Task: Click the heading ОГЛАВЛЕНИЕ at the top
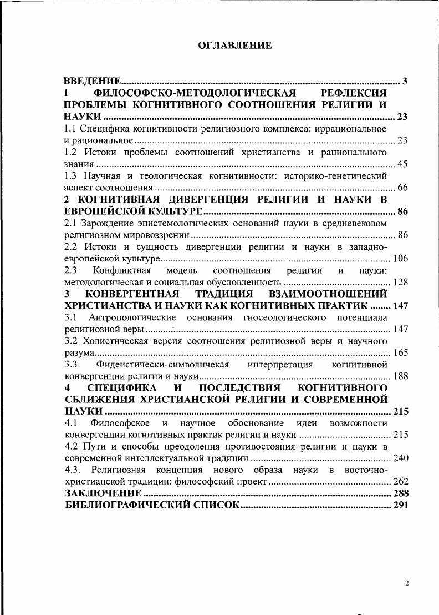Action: [235, 46]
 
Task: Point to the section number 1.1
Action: [71, 129]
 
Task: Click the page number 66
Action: [402, 188]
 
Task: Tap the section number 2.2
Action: [71, 246]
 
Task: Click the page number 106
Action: [400, 258]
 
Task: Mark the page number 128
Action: [400, 282]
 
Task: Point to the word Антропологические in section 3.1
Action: [132, 317]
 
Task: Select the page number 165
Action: [400, 352]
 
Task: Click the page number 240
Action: [400, 458]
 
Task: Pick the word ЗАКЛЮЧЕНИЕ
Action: [103, 493]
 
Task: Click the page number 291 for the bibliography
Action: [400, 505]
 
